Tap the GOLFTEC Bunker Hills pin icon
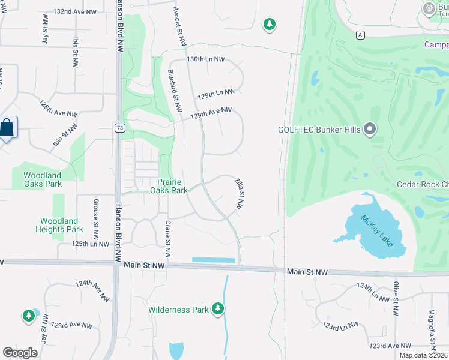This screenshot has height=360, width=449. click(x=370, y=129)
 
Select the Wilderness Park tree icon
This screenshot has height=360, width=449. click(x=218, y=309)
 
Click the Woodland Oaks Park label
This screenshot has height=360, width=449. click(x=43, y=179)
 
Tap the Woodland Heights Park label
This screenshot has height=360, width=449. click(x=59, y=225)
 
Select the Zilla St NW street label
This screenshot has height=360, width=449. click(x=240, y=191)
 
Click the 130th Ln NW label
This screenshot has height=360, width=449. click(x=205, y=60)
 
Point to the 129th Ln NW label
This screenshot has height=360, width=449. click(x=216, y=94)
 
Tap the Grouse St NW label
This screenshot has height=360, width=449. click(x=96, y=219)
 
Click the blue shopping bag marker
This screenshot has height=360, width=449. click(x=7, y=128)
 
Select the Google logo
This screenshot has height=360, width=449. click(x=20, y=353)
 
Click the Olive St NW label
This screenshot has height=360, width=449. click(x=396, y=299)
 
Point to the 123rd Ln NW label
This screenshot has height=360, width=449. click(x=340, y=325)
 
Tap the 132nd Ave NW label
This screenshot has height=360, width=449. click(x=74, y=11)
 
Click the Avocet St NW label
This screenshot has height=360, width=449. click(x=180, y=25)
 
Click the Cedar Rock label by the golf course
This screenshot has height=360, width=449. click(x=423, y=184)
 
